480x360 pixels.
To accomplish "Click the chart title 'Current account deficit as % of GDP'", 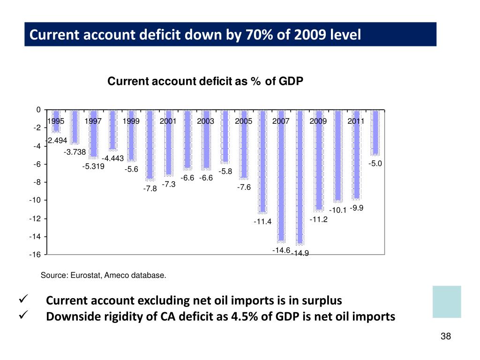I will (205, 82).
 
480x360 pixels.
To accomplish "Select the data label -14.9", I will (300, 254).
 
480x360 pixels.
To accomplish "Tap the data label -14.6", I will (281, 250).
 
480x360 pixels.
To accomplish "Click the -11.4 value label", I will (262, 222).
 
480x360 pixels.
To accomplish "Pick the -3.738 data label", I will (75, 151).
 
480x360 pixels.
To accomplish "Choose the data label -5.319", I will (93, 166).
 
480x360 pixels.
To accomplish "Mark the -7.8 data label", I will (150, 189).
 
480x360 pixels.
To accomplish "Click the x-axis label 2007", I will (281, 121).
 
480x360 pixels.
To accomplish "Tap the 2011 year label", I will (356, 121).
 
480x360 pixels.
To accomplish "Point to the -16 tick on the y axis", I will (36, 255).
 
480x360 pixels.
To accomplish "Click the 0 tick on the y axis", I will (38, 110).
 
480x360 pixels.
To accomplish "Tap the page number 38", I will (445, 337).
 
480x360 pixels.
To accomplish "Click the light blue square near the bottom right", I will (447, 302).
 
